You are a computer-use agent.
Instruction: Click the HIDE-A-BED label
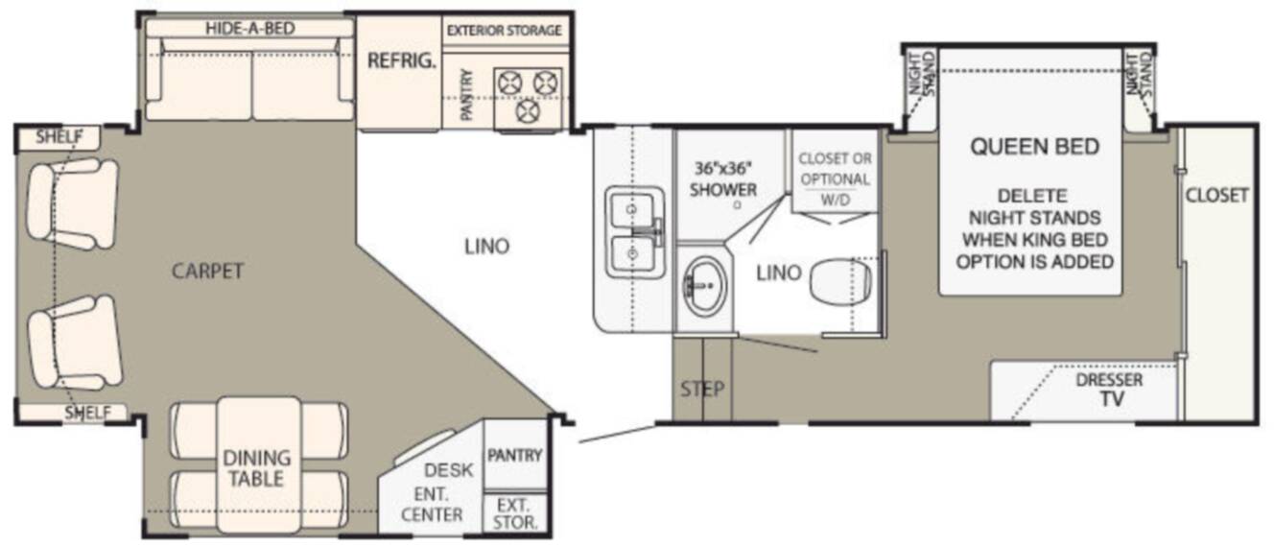click(x=250, y=29)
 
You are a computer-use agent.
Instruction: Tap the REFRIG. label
click(x=402, y=60)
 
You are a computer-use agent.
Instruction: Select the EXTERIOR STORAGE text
click(x=504, y=31)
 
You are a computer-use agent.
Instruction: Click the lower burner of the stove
click(x=528, y=111)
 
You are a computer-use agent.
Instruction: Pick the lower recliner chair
click(x=75, y=343)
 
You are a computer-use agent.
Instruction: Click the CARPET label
click(x=207, y=272)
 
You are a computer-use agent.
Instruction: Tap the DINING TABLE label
click(x=256, y=468)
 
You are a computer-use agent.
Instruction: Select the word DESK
click(x=449, y=470)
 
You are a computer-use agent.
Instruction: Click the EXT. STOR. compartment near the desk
click(x=515, y=513)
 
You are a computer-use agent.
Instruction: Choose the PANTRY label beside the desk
click(x=515, y=455)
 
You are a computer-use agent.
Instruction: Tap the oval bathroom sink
click(x=705, y=286)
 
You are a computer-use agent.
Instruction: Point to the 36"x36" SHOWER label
click(x=723, y=179)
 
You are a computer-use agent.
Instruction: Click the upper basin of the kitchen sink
click(x=631, y=210)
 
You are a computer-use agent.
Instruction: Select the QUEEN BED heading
click(x=1034, y=147)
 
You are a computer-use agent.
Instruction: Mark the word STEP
click(x=702, y=389)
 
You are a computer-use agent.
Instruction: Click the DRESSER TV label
click(x=1110, y=390)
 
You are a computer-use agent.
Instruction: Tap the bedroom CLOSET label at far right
click(x=1216, y=196)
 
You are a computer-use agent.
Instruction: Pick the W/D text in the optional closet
click(x=835, y=201)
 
